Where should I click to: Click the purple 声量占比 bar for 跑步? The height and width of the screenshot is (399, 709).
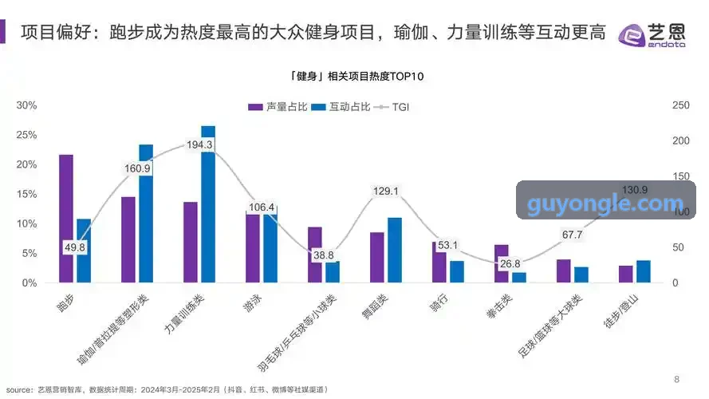(66, 219)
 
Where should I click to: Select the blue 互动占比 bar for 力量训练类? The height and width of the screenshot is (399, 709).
(208, 204)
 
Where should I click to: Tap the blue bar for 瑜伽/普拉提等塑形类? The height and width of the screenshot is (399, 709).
(146, 214)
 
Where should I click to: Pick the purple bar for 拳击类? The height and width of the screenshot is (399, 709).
(502, 263)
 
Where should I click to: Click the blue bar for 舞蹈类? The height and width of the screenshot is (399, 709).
(395, 250)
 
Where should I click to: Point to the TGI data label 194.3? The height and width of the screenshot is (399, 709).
(199, 144)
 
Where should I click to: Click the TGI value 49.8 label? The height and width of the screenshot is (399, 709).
(75, 247)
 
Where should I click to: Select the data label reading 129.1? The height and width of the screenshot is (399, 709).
(386, 191)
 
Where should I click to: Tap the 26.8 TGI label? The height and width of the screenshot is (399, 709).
(510, 263)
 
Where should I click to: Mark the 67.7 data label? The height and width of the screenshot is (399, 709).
(572, 235)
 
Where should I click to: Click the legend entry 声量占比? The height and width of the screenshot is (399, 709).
(278, 107)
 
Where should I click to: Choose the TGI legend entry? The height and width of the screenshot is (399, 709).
(392, 107)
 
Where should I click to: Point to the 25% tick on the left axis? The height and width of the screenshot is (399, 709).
(26, 135)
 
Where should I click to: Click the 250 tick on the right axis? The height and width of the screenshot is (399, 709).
(681, 105)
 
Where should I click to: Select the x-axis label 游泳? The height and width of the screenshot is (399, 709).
(252, 302)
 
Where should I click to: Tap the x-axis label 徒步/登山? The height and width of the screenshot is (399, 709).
(620, 310)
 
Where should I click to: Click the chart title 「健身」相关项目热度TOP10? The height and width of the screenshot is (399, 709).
(356, 76)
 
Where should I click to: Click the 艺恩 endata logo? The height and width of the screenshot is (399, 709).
(652, 35)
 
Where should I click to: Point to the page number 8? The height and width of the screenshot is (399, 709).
(676, 379)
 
